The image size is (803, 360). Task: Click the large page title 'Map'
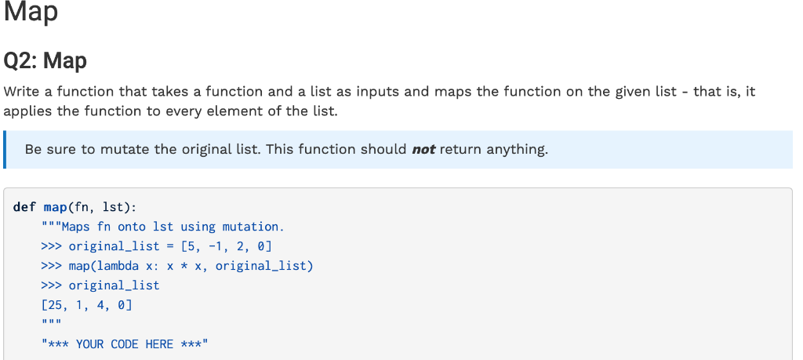click(x=31, y=13)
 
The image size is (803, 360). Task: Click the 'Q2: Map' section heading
click(x=45, y=60)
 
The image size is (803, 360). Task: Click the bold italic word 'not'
click(x=423, y=149)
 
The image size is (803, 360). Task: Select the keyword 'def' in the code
click(x=24, y=207)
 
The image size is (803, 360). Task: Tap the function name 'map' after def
click(x=55, y=207)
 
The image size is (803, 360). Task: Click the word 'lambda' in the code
click(x=117, y=266)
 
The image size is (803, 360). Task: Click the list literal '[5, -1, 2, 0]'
click(x=227, y=246)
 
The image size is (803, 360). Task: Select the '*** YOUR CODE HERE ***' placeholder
click(x=125, y=344)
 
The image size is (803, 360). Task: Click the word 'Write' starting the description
click(x=22, y=92)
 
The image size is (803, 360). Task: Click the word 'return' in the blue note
click(x=460, y=149)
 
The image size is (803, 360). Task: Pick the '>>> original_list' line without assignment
click(x=100, y=285)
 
